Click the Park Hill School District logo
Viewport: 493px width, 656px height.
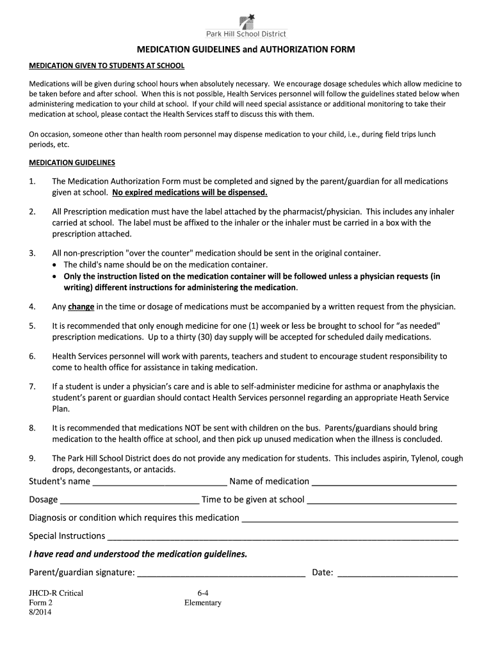[247, 26]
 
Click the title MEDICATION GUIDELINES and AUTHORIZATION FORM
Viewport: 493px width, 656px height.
[246, 49]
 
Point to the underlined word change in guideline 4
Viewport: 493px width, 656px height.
[81, 306]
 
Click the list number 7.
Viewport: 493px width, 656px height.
[32, 386]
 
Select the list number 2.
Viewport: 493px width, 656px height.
[32, 211]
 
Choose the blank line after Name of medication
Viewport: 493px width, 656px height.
[384, 482]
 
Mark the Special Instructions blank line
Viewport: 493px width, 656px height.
[282, 537]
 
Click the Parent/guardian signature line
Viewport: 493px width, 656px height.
[221, 573]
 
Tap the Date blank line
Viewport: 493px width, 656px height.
[397, 573]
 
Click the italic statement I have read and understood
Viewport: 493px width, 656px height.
[138, 554]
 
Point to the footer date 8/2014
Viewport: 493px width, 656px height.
[40, 612]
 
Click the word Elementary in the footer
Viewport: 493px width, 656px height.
[202, 603]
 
